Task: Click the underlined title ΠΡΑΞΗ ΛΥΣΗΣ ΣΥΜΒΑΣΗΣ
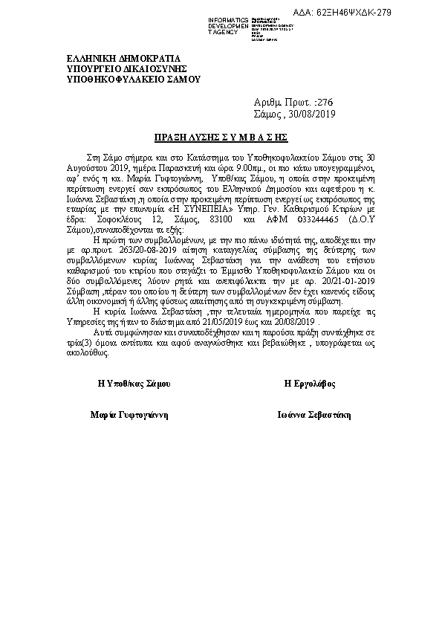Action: click(x=221, y=138)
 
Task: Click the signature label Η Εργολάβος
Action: click(x=310, y=384)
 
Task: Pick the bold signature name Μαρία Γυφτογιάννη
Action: click(x=129, y=416)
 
